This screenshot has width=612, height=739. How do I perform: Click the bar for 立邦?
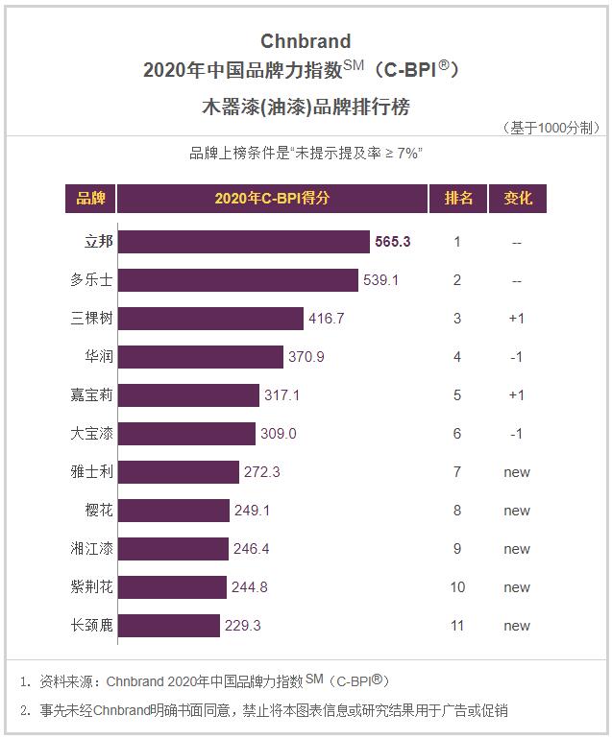(x=244, y=242)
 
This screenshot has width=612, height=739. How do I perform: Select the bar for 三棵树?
(x=210, y=319)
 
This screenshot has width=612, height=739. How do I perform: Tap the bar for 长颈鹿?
(x=169, y=626)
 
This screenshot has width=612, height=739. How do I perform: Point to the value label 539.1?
(x=380, y=280)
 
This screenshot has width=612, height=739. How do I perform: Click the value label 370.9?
(x=306, y=357)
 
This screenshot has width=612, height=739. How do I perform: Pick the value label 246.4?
(x=251, y=549)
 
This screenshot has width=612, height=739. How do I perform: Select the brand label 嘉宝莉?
(x=92, y=395)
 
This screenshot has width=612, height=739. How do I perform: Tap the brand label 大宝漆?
(x=92, y=434)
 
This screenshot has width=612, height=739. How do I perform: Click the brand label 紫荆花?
(x=92, y=587)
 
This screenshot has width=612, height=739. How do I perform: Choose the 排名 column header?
(x=457, y=199)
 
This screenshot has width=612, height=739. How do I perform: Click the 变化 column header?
(x=517, y=199)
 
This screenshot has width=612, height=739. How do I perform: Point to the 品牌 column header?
(x=90, y=199)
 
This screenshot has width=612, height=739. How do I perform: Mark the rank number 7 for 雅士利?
(x=457, y=472)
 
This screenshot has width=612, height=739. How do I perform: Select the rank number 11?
(x=457, y=626)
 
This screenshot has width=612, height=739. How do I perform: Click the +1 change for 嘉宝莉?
(x=517, y=395)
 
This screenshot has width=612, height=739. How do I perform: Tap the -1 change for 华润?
(x=517, y=357)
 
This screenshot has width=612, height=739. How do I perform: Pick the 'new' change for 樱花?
(x=517, y=511)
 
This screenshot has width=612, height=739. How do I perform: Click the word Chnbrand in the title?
(x=306, y=41)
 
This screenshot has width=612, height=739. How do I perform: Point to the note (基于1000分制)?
(x=551, y=128)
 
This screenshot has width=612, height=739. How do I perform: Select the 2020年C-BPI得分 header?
(x=272, y=199)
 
